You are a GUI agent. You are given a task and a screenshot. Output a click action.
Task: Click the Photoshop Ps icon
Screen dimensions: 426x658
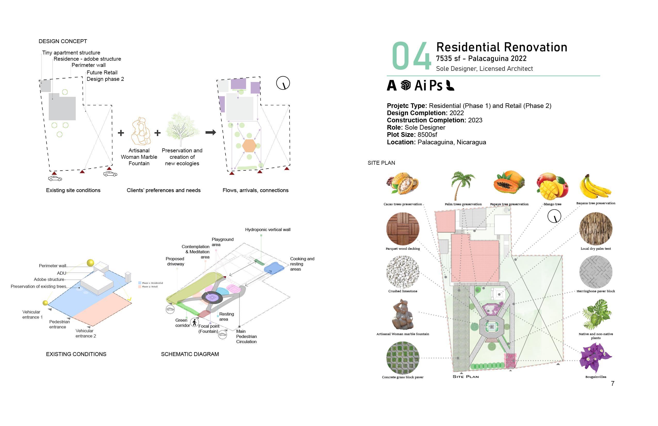436,85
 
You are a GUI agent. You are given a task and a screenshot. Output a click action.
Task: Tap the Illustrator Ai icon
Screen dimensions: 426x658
420,85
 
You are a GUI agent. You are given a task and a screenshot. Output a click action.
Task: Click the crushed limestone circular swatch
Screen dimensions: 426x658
403,272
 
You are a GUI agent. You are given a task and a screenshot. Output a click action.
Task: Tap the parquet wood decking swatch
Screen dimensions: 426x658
403,229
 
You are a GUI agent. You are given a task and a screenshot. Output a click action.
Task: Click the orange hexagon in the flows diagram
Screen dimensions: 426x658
249,146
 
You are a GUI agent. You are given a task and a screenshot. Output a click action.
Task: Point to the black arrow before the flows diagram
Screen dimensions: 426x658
211,132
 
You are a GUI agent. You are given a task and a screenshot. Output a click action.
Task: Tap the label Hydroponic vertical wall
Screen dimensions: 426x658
268,230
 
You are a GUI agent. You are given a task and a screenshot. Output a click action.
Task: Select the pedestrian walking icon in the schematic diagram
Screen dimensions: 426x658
194,322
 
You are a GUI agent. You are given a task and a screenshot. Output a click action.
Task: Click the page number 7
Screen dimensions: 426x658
613,383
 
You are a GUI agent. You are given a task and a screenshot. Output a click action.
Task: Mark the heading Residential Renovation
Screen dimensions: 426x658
502,47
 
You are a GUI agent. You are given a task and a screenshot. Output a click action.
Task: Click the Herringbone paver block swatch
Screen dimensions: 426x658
596,272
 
